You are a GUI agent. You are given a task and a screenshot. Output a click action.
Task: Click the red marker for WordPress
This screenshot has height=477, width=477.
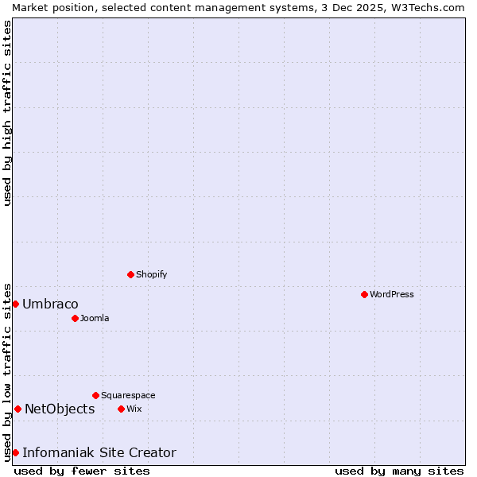point(364,294)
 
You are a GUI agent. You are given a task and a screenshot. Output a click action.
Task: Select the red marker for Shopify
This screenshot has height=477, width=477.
point(130,274)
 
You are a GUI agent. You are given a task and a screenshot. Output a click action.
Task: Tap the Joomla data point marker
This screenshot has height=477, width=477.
point(75,318)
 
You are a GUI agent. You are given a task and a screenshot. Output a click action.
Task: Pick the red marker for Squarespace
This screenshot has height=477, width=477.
point(95,395)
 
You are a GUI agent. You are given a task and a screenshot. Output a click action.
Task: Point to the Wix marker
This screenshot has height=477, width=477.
point(121,409)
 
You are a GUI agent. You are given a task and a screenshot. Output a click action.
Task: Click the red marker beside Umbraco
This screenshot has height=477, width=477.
point(15,304)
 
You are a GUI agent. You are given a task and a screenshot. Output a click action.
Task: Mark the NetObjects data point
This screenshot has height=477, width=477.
point(17,409)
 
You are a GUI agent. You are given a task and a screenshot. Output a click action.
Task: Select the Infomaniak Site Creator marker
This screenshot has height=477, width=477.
point(15,452)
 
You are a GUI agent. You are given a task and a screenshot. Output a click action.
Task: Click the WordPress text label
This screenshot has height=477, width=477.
point(392,294)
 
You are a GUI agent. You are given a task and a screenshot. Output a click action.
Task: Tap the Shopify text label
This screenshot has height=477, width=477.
point(151,274)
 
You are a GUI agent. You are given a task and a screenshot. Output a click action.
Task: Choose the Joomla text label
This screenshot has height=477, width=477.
point(95,318)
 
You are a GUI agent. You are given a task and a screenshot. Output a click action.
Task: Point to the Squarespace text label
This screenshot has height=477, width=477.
point(128,395)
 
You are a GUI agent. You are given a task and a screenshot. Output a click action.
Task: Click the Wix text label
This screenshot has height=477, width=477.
point(134,409)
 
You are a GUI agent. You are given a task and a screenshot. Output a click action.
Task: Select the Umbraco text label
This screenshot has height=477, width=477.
point(50,304)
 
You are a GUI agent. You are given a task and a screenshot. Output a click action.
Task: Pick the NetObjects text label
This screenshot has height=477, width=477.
point(60,409)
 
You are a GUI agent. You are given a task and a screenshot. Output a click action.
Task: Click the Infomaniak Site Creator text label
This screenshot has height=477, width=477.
point(99,452)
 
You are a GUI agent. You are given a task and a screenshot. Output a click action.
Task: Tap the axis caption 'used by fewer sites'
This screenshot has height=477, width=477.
point(82,471)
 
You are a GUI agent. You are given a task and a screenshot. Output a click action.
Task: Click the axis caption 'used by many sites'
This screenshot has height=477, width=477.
point(399,471)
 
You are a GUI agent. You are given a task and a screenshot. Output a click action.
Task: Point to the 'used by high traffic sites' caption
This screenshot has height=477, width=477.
point(7,113)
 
